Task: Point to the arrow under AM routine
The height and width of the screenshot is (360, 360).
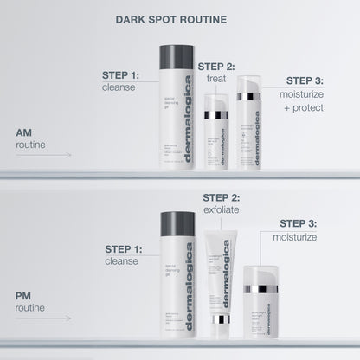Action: coord(43,155)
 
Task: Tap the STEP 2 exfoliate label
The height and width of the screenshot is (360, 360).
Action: coord(221,202)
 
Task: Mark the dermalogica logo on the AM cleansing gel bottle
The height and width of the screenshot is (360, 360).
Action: coord(189,138)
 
